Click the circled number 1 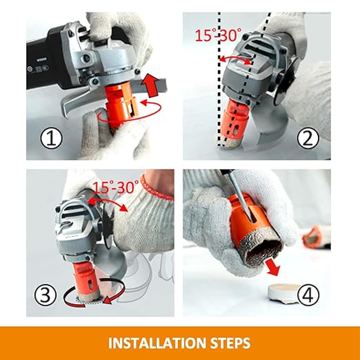click(x=51, y=138)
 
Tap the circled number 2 click(x=308, y=138)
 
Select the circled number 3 click(x=45, y=294)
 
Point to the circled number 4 click(x=308, y=294)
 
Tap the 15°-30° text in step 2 click(x=218, y=35)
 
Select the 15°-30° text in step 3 click(x=115, y=187)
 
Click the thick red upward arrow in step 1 click(x=150, y=85)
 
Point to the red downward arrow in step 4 click(x=273, y=268)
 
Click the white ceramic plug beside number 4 click(x=284, y=292)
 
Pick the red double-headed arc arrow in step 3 click(x=108, y=201)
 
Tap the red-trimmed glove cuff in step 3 click(x=157, y=188)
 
